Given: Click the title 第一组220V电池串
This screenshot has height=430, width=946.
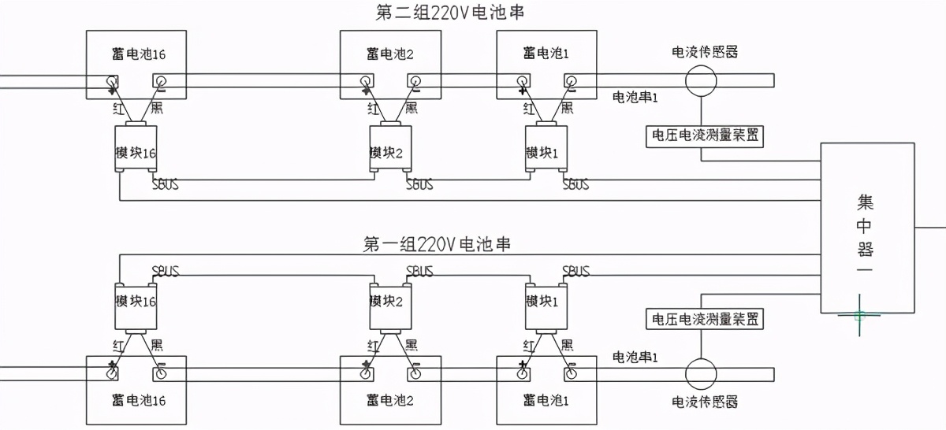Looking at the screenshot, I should pos(438,244).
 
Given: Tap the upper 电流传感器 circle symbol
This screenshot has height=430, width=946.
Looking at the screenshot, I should pos(699,80).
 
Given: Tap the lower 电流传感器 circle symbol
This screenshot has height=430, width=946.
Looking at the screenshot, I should pos(699,373).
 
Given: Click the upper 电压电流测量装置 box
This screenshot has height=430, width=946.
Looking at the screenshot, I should pos(705,135).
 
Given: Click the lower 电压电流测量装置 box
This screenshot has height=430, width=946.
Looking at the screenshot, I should pos(705,320).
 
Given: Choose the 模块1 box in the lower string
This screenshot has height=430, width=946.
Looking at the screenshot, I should pos(546,302).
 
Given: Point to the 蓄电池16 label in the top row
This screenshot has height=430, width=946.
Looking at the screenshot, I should pos(139,53).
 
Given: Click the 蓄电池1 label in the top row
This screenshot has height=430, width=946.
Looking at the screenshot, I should pos(546,53).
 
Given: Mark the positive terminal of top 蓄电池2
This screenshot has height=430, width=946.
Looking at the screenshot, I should pos(366,81).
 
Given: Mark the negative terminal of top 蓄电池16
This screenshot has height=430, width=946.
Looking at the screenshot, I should pos(160,81).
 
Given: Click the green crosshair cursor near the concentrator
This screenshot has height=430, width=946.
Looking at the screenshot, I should pos(859,315).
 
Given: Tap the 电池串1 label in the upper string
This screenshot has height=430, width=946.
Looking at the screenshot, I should pos(635,97).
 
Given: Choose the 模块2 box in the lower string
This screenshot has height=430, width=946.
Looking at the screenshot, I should pos(390,302).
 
